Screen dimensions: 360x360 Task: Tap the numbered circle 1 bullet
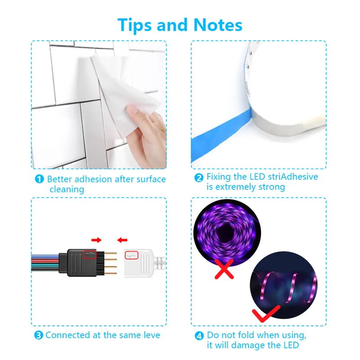pos(40,179)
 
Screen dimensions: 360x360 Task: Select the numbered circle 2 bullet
pos(199,177)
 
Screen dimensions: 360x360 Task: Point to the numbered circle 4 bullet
pos(199,335)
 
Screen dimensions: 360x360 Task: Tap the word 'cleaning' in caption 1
pos(67,189)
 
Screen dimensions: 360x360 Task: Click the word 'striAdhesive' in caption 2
pos(292,177)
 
